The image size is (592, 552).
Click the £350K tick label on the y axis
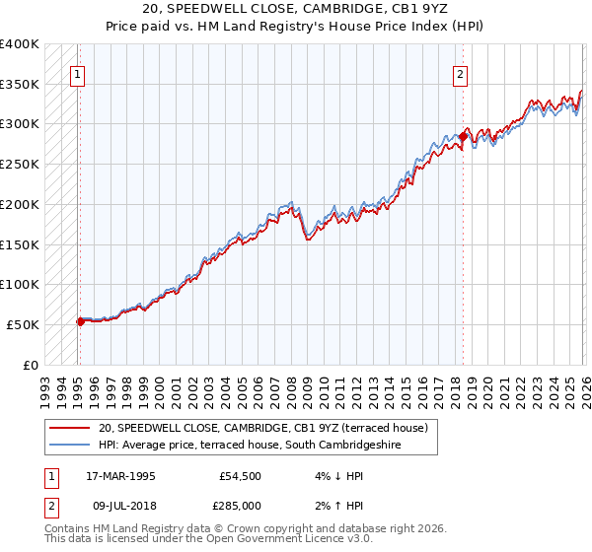(20, 84)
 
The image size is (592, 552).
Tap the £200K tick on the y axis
(20, 204)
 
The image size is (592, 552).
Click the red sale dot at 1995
(80, 320)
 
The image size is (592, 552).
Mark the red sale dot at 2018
(464, 136)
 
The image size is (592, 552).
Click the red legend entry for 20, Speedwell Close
(261, 428)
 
